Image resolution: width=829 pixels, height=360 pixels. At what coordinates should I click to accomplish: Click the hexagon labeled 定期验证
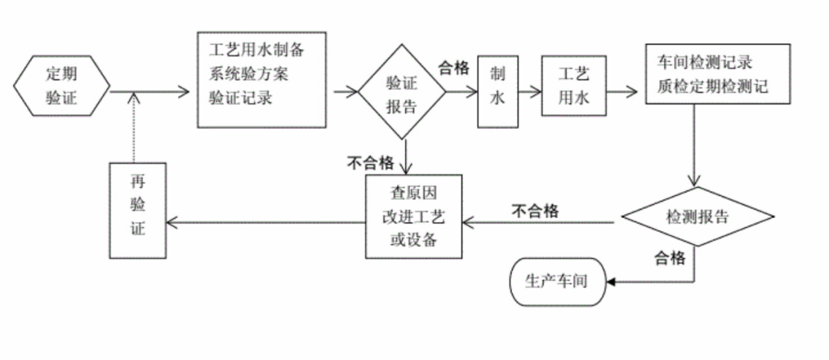pos(62,85)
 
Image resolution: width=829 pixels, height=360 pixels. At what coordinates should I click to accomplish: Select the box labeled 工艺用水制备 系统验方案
pos(261,79)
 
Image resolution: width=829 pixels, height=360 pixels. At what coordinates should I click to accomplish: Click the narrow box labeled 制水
pos(497,90)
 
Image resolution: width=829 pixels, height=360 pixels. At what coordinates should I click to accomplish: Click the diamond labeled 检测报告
pos(697,216)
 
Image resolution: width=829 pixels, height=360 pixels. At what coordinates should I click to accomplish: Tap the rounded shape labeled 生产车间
pos(557,281)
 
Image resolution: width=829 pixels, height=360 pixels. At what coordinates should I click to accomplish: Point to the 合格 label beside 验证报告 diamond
pos(454,68)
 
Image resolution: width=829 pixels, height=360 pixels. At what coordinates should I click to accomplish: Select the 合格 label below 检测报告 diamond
pos(669,259)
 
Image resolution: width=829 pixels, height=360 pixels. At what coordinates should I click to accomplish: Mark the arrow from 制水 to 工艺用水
pos(528,92)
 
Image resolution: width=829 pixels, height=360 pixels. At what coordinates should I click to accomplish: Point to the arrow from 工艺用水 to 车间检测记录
pos(623,92)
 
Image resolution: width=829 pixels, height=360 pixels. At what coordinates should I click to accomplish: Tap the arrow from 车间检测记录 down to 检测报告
pos(695,146)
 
